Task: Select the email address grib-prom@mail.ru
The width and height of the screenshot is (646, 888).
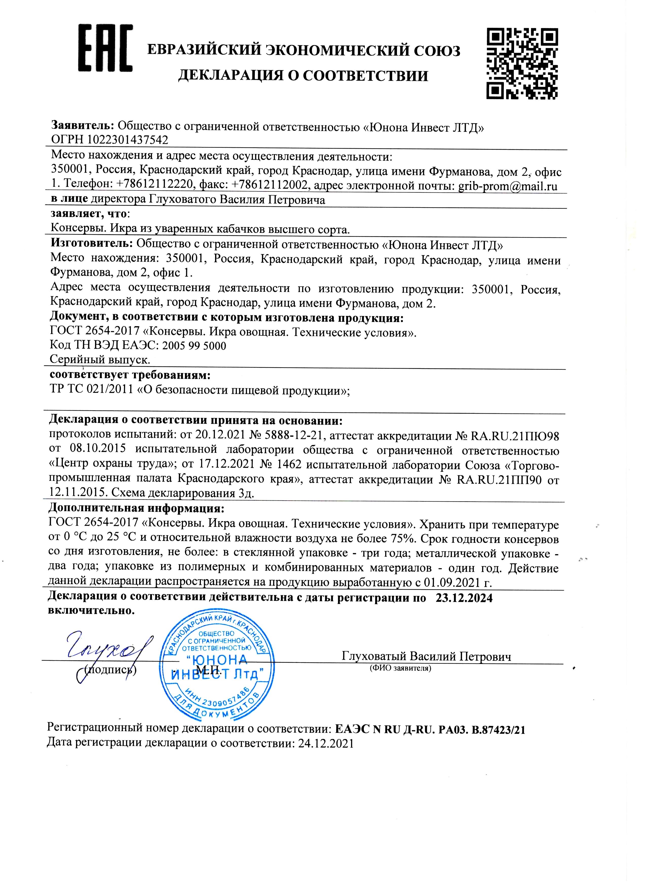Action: click(x=508, y=186)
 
